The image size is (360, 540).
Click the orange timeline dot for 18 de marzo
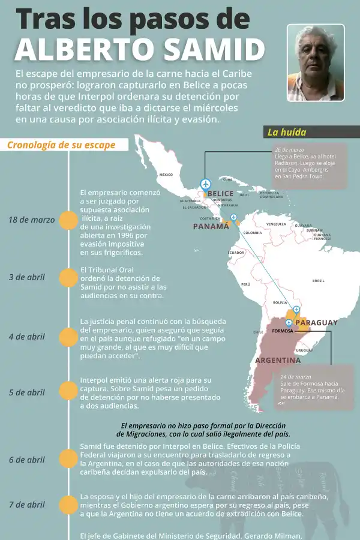coord(69,220)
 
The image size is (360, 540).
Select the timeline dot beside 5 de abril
coord(69,392)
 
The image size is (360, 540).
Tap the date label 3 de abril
coord(27,277)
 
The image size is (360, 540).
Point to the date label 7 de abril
coord(27,505)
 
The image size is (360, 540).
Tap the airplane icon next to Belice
coord(206,183)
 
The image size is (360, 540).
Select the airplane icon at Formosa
coord(289,323)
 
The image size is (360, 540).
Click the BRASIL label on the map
coord(318,280)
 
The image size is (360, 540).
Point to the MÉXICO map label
coord(166,175)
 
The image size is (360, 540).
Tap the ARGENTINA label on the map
coord(278,361)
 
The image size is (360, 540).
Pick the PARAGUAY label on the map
coord(317,323)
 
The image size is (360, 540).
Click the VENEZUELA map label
coord(276,224)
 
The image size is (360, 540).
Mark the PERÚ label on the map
coord(245,284)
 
